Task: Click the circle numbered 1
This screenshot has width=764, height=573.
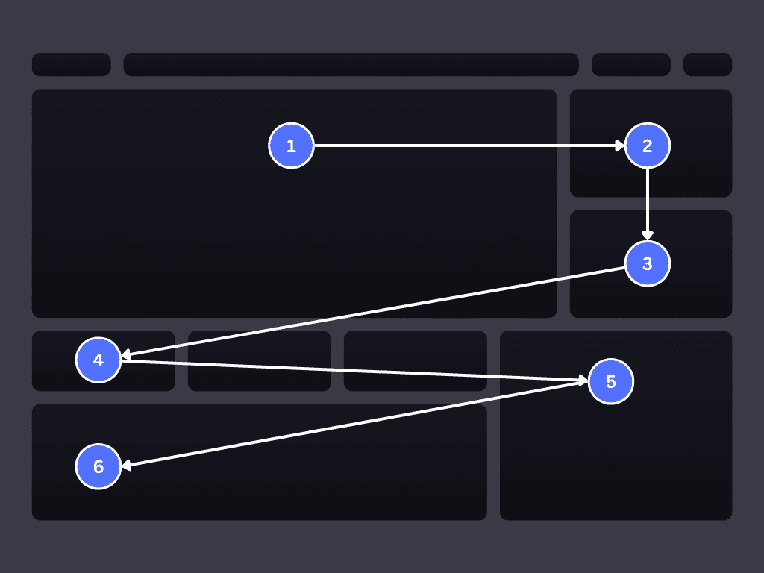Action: (291, 145)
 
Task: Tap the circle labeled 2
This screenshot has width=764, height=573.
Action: (648, 145)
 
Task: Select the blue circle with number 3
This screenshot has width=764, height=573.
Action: (648, 263)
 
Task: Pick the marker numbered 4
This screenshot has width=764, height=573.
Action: (98, 360)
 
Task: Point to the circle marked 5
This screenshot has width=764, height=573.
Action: (611, 381)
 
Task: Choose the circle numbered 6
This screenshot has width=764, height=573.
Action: (98, 466)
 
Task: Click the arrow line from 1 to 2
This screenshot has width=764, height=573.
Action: (463, 145)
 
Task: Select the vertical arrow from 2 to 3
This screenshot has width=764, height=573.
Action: (648, 201)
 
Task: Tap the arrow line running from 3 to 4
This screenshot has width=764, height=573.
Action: (373, 312)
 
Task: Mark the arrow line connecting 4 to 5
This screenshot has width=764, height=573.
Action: (351, 371)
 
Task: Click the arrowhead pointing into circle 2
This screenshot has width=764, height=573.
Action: (620, 145)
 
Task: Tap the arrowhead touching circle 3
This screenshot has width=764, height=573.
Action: (648, 236)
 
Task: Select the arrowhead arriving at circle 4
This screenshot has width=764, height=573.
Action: (126, 355)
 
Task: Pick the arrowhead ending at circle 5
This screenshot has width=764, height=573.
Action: (583, 381)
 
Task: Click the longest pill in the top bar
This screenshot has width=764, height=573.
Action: (351, 64)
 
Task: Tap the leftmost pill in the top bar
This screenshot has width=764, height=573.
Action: (71, 64)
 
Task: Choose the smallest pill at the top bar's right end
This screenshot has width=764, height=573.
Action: (707, 64)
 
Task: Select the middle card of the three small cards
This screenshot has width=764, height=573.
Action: (259, 360)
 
